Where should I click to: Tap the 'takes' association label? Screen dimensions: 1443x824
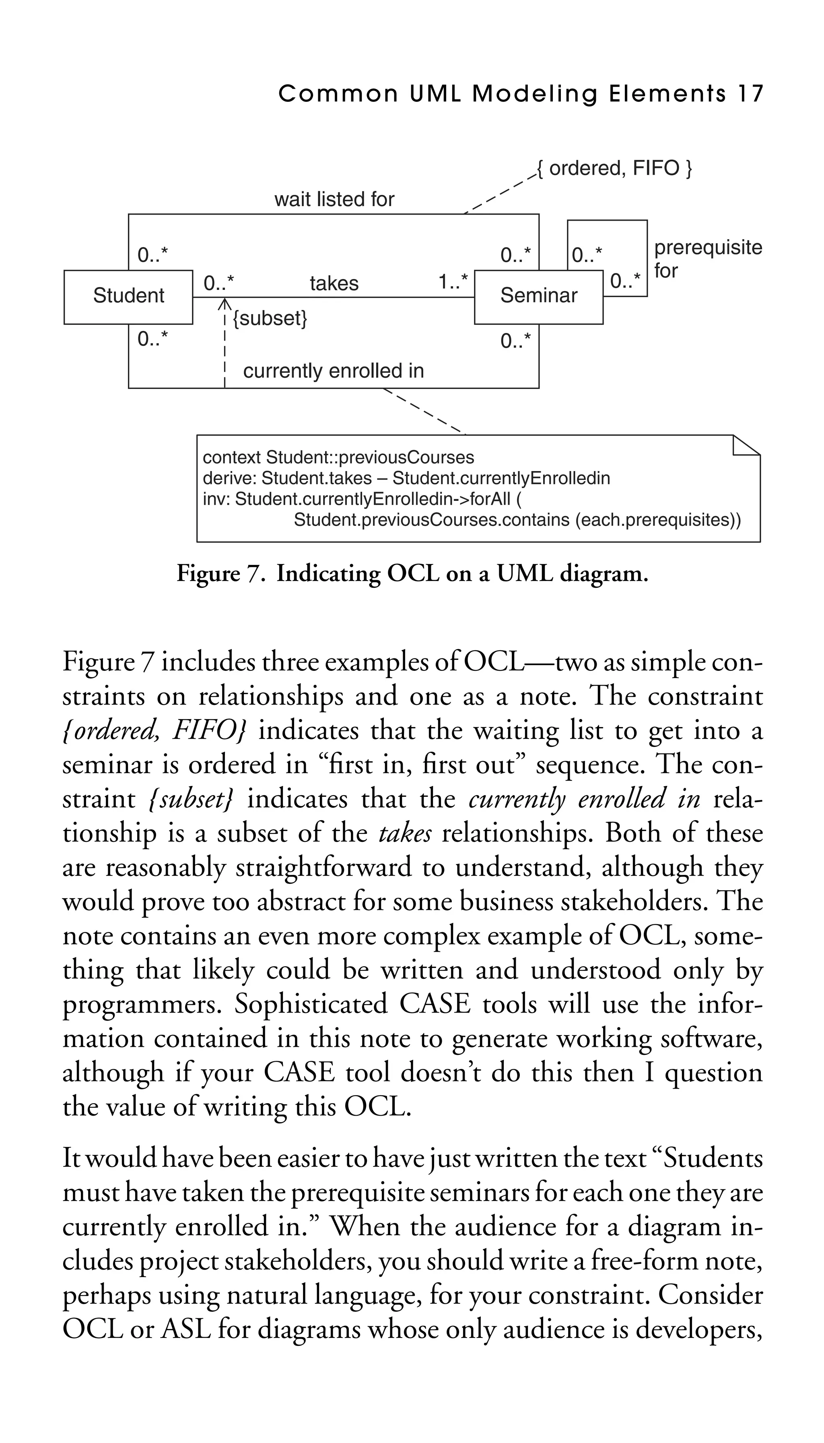[x=334, y=283]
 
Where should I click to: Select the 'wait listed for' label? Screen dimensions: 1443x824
[x=334, y=199]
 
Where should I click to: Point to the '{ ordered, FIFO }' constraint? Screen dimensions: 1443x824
[x=614, y=168]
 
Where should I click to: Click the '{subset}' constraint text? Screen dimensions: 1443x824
[x=270, y=318]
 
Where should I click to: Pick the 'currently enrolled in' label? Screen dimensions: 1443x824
[x=333, y=371]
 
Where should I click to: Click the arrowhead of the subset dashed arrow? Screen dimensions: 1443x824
[x=225, y=302]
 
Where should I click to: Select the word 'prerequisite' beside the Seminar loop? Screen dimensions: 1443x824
[x=708, y=248]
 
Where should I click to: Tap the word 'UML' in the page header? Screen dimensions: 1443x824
[x=435, y=93]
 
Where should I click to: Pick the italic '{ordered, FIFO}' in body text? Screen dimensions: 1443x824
[x=154, y=731]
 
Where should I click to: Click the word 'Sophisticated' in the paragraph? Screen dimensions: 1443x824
[x=311, y=1004]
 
